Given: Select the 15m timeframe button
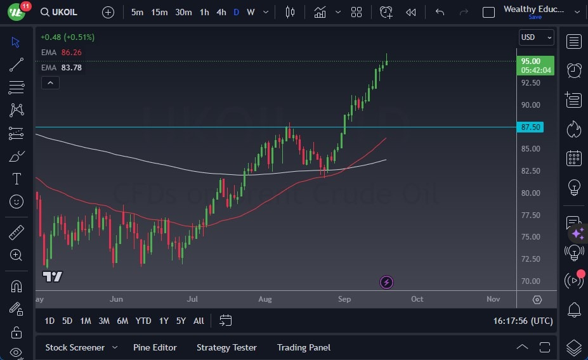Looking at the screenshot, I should click(x=159, y=12).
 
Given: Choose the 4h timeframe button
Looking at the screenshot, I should click(x=221, y=12).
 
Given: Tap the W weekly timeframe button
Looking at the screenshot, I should click(x=251, y=12).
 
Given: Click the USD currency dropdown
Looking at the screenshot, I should click(x=536, y=37).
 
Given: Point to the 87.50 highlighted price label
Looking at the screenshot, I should click(x=530, y=127).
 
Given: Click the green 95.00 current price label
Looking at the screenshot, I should click(x=536, y=61).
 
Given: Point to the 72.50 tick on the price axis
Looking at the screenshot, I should click(x=530, y=259).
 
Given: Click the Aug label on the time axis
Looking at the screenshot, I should click(x=265, y=299).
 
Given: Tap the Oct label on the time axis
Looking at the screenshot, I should click(x=417, y=299).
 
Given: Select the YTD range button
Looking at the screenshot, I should click(x=143, y=321).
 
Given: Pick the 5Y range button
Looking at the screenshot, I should click(x=181, y=321).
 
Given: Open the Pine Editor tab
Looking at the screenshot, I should click(x=155, y=347).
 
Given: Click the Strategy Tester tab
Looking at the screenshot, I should click(x=226, y=347).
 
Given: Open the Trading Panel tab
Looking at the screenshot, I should click(x=303, y=347).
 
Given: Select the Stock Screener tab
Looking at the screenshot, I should click(x=74, y=347).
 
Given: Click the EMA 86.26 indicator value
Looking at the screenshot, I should click(x=71, y=53).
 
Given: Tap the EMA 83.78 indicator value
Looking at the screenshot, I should click(x=71, y=68).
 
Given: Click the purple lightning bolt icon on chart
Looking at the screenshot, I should click(x=386, y=282).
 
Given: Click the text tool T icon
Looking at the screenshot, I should click(x=16, y=179).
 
